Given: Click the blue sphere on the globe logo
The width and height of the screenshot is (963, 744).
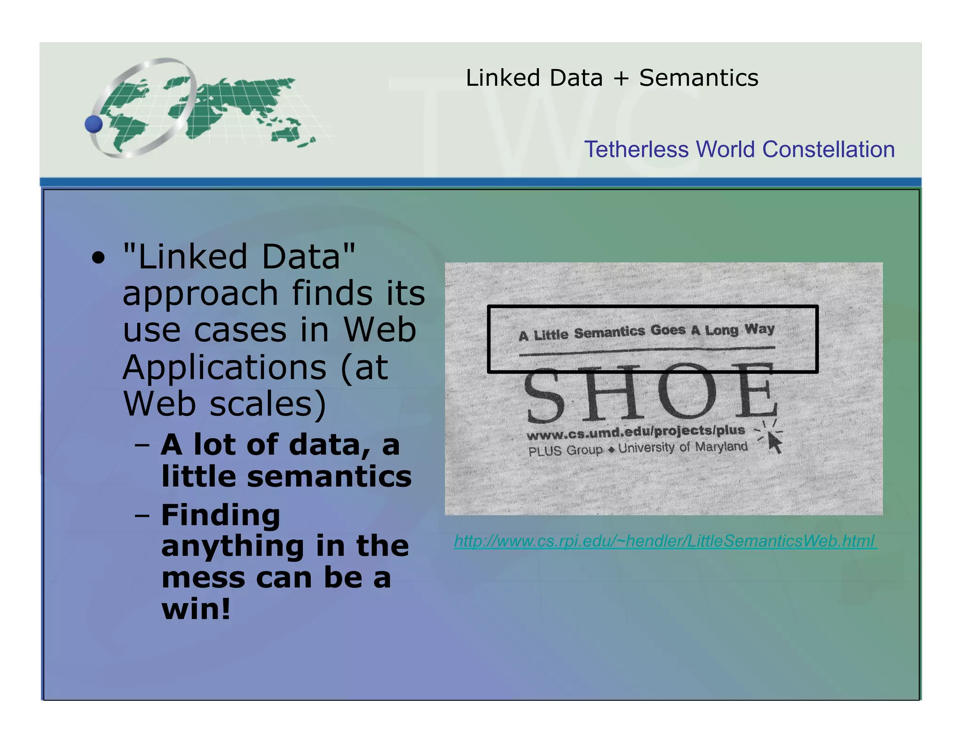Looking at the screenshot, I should click(x=94, y=124).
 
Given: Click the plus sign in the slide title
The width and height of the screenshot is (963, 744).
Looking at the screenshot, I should click(x=621, y=79).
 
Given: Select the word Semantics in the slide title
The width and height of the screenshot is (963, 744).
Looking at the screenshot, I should click(x=698, y=78).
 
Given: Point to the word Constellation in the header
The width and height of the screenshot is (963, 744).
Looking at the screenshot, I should click(x=828, y=150).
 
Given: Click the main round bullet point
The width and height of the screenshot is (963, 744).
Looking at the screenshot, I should click(x=98, y=258).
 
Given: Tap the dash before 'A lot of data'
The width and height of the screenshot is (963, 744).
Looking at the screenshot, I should click(x=142, y=444).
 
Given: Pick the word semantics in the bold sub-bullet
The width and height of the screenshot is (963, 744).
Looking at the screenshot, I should click(x=329, y=476).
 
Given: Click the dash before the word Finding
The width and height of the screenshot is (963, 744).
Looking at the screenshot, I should click(x=142, y=515).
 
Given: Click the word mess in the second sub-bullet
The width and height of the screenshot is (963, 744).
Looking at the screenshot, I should click(x=203, y=578).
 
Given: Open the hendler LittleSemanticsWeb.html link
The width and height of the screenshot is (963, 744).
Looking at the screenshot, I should click(x=665, y=541).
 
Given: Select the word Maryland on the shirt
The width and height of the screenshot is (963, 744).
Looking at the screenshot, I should click(x=721, y=446).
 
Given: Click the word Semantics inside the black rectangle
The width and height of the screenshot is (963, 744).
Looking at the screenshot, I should click(x=609, y=332).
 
